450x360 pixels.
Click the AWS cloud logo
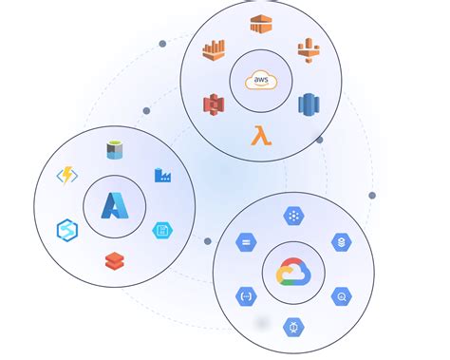(261, 81)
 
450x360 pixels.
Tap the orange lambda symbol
(260, 136)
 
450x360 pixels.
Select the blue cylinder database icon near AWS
(309, 104)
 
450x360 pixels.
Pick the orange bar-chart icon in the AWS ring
(215, 50)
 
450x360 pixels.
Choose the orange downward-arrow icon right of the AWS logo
(309, 49)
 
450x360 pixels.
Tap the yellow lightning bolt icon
(66, 176)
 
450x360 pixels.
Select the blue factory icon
(162, 175)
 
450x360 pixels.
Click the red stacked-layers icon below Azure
(115, 258)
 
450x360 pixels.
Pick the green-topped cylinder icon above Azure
(115, 150)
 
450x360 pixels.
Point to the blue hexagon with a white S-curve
(67, 230)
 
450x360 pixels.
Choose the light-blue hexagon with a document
(162, 230)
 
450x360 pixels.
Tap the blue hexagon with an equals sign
(246, 242)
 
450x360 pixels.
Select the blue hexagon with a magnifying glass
(342, 297)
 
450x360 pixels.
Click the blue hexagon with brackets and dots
(246, 297)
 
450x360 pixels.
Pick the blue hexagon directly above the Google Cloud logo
(293, 217)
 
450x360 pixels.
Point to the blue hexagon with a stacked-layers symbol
(342, 243)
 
